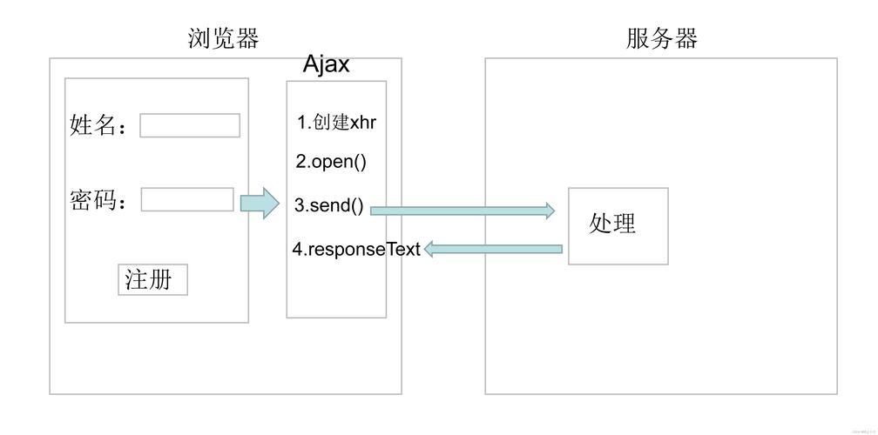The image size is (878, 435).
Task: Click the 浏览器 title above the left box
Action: [224, 39]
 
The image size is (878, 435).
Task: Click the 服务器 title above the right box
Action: [661, 39]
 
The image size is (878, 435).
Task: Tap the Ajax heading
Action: [327, 64]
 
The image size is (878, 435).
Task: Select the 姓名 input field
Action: [190, 125]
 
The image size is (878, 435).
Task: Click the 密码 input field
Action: [187, 199]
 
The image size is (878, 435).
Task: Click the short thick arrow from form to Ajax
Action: [260, 203]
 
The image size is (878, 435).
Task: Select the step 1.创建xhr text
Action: [336, 123]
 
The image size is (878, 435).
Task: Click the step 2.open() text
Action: [331, 162]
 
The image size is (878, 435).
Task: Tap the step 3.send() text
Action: [329, 206]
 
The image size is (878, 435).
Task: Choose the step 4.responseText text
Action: [356, 250]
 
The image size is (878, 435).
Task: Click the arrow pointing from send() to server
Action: [462, 211]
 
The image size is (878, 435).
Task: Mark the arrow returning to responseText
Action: [493, 250]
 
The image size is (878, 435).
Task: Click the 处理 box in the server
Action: [618, 225]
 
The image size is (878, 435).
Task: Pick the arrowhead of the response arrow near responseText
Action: [429, 250]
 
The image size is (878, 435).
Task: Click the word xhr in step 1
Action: [362, 123]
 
